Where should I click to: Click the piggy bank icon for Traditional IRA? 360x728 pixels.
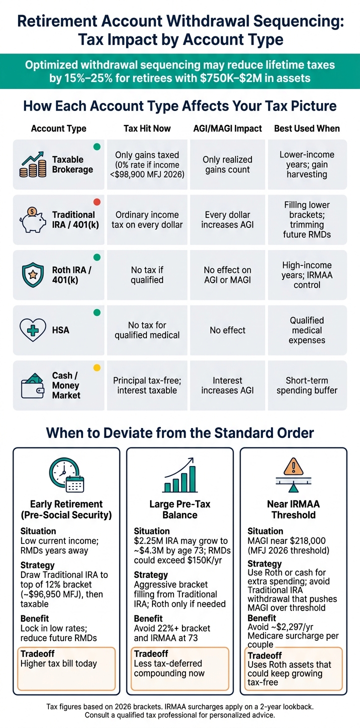tap(33, 219)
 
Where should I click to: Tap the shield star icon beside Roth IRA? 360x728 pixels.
tap(33, 275)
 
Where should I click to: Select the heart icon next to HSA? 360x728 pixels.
tap(33, 330)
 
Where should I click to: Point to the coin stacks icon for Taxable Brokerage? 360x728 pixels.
tap(33, 164)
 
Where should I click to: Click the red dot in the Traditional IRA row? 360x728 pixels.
tap(97, 202)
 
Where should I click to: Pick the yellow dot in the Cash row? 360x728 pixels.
tap(97, 368)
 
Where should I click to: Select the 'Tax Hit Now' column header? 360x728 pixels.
tap(147, 128)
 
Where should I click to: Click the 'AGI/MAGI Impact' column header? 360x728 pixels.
tap(227, 128)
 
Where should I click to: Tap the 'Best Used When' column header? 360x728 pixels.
tap(307, 128)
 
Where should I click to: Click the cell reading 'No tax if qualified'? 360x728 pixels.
tap(147, 275)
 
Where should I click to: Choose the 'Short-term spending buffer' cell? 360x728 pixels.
tap(307, 385)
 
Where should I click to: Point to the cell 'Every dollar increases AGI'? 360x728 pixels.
tap(227, 219)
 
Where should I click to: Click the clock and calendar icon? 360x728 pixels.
tap(66, 475)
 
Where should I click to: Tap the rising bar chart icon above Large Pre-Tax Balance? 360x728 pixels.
tap(179, 475)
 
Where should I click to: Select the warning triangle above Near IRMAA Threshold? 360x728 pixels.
tap(293, 467)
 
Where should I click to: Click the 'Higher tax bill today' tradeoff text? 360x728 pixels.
tap(59, 663)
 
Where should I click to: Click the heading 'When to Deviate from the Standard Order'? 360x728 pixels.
tap(180, 433)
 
